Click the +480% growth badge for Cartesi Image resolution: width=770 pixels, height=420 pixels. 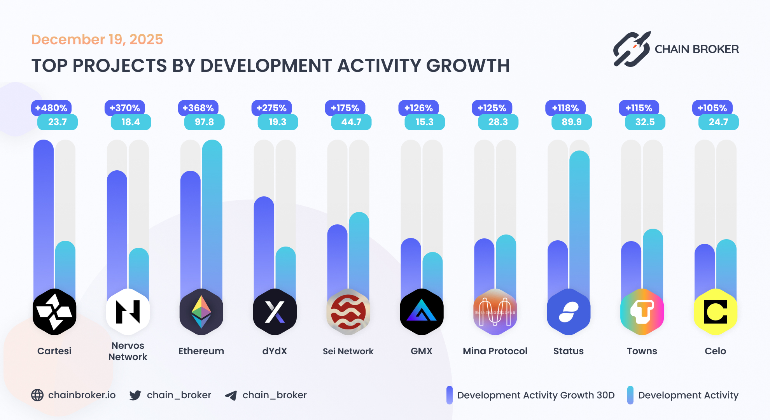point(51,108)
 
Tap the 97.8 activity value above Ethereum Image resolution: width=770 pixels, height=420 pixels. point(204,122)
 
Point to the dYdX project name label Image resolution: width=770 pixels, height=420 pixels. point(275,351)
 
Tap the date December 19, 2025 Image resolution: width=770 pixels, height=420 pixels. point(97,39)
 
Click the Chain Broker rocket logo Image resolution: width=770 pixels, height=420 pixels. point(632,49)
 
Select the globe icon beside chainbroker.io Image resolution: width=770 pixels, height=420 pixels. point(37,395)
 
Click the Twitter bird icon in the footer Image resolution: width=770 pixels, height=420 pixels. point(135,395)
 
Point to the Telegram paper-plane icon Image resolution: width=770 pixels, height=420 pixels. point(231,395)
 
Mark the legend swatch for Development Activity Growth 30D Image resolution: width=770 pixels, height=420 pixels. point(450,395)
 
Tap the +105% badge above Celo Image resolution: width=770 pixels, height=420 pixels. point(712,108)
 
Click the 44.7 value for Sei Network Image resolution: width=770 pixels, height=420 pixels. point(351,122)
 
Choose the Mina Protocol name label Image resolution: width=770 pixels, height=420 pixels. point(495,351)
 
